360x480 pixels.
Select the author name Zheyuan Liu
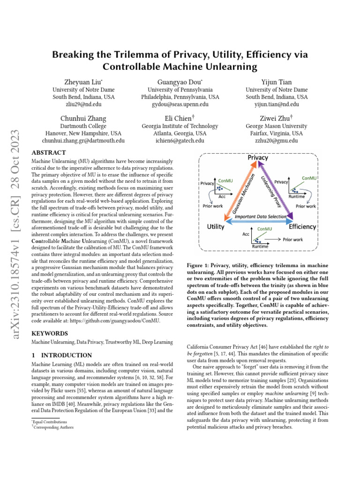82,82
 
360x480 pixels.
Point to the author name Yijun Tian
277,82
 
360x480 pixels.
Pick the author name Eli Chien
180,118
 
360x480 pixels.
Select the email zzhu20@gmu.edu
277,141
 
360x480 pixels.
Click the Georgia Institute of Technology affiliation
180,126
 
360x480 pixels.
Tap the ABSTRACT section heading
48,153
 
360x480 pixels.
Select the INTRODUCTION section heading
59,355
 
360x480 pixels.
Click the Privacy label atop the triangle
258,158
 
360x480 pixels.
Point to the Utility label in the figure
218,227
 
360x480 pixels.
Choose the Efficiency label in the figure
303,227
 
